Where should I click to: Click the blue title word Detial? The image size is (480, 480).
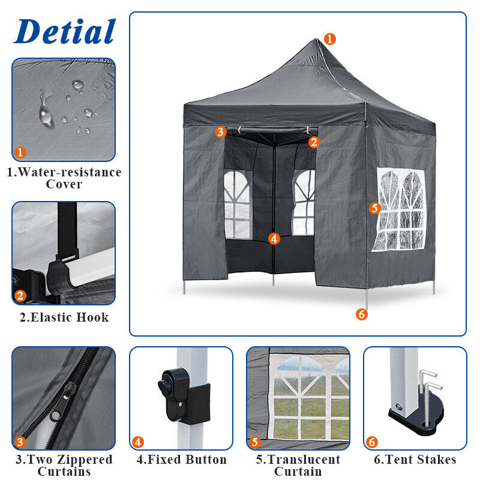click(x=65, y=31)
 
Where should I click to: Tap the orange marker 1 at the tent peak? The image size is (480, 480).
click(x=329, y=39)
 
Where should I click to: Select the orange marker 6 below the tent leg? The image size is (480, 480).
click(x=362, y=314)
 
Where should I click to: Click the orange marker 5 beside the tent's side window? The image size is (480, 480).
click(x=374, y=208)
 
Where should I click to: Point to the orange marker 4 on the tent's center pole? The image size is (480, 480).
click(x=274, y=239)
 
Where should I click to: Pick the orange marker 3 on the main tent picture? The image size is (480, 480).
click(x=220, y=132)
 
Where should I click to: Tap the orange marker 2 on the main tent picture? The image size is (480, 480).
click(x=314, y=142)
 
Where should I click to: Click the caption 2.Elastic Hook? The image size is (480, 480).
click(x=64, y=317)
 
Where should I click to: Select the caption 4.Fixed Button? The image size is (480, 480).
click(x=182, y=460)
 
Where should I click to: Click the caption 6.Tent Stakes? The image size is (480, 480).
click(x=415, y=460)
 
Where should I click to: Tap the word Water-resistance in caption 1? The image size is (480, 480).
click(x=70, y=172)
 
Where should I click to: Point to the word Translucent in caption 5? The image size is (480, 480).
click(x=304, y=460)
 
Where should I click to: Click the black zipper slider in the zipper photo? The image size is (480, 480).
click(x=64, y=400)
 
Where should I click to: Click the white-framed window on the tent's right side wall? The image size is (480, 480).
click(x=399, y=209)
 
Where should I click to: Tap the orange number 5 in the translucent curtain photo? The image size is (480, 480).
click(x=254, y=442)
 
